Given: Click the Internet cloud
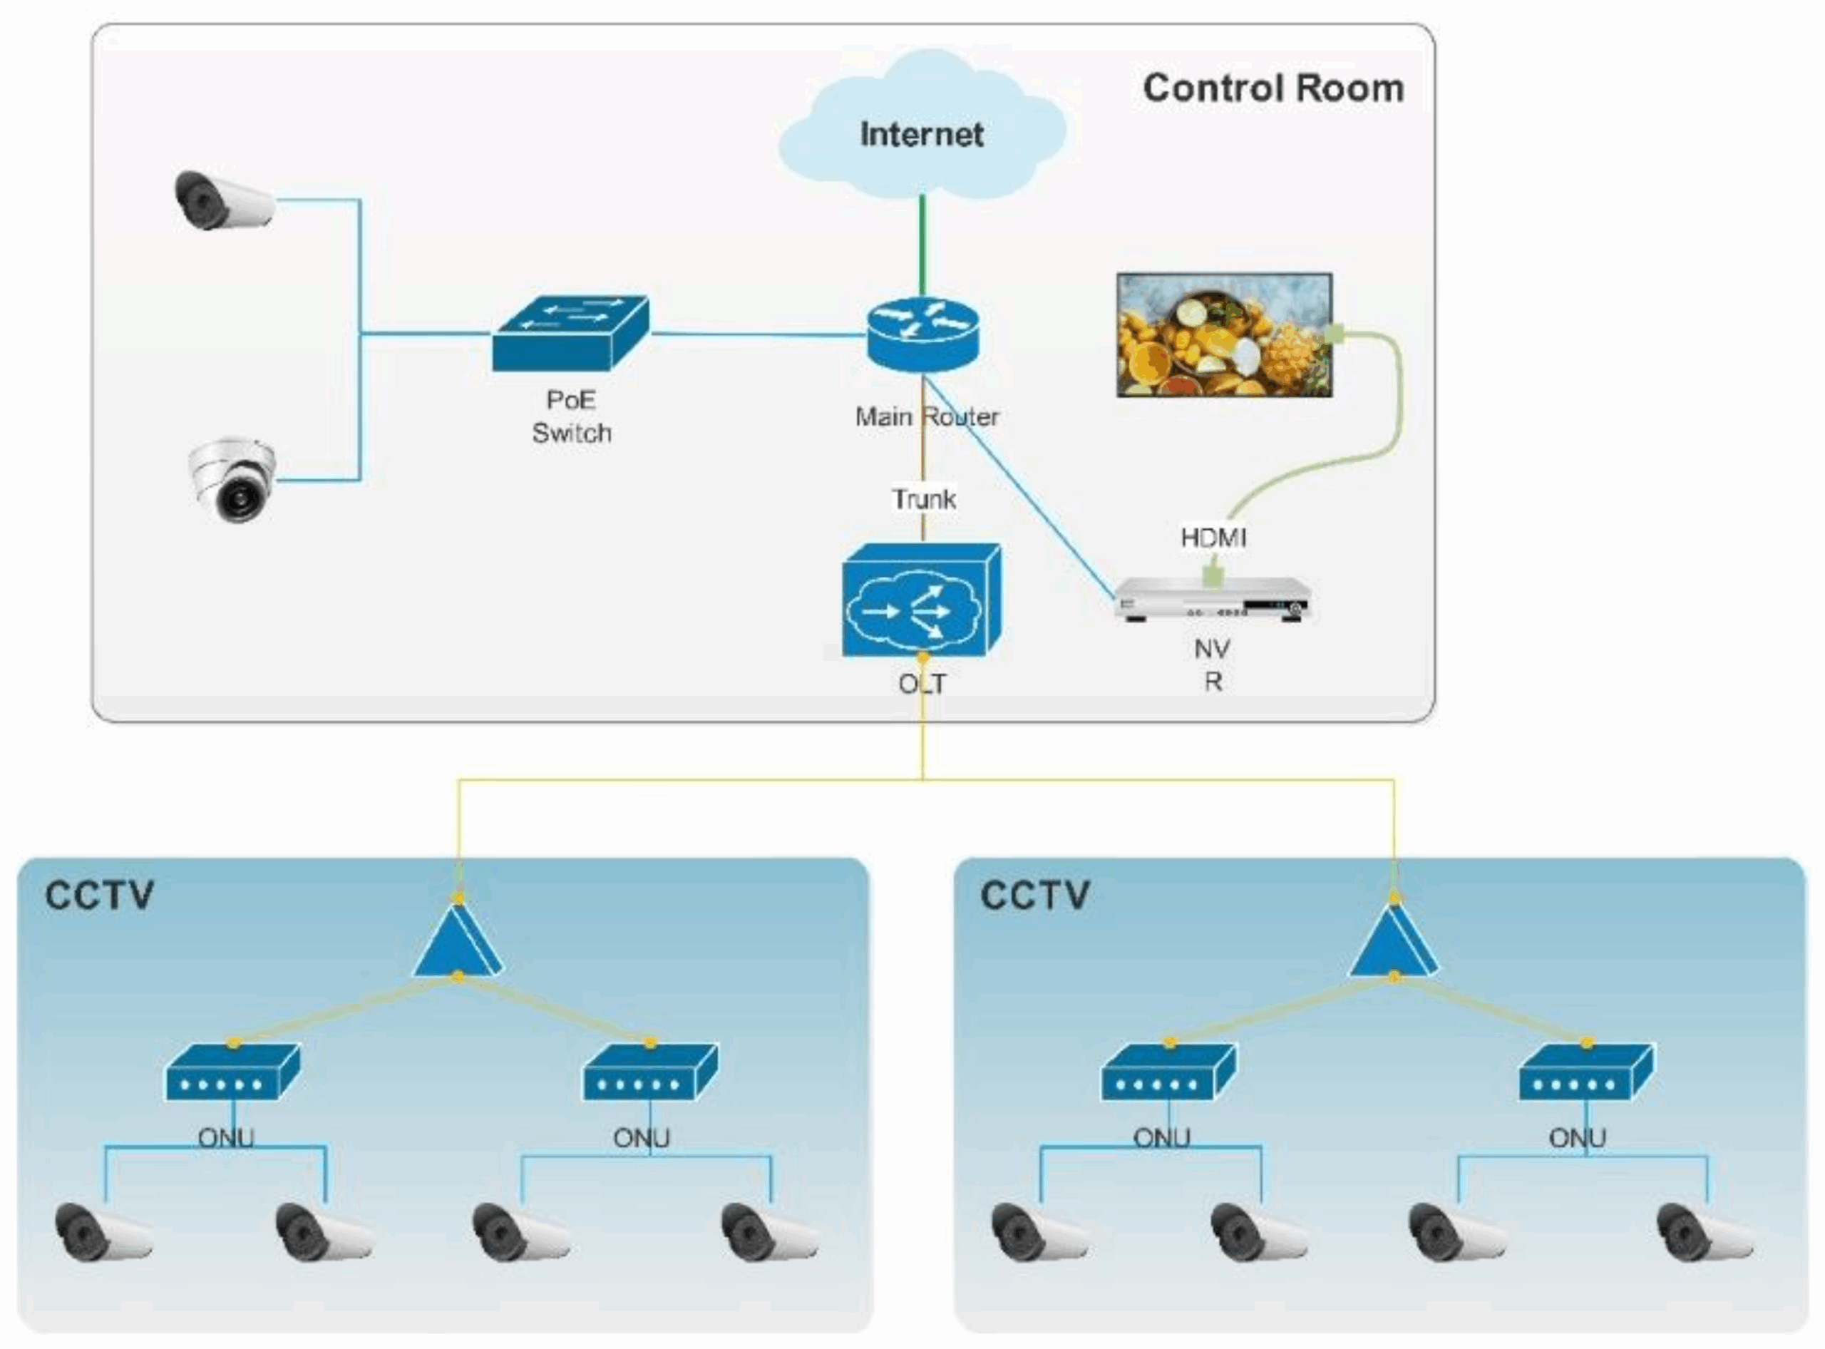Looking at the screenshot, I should coord(922,130).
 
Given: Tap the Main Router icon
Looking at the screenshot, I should coord(922,334).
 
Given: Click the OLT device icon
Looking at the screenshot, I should coord(921,602).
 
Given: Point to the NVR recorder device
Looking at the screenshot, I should coord(1213,600).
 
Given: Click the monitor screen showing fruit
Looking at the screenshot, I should coord(1224,336).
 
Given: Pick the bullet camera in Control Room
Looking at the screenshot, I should coord(224,200).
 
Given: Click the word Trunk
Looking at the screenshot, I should coord(923,499).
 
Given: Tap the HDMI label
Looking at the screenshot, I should coord(1213,538).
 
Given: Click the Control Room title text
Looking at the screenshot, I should coord(1273,88).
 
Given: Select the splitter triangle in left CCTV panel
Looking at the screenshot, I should coord(457,940).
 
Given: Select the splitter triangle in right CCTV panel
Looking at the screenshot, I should coord(1393,940).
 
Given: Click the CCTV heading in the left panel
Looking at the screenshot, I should coord(99,895).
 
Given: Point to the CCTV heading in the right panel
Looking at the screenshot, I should coord(1034,895).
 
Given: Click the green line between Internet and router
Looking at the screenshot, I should coord(922,245).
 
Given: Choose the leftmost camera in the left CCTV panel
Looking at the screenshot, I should coord(101,1232).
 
